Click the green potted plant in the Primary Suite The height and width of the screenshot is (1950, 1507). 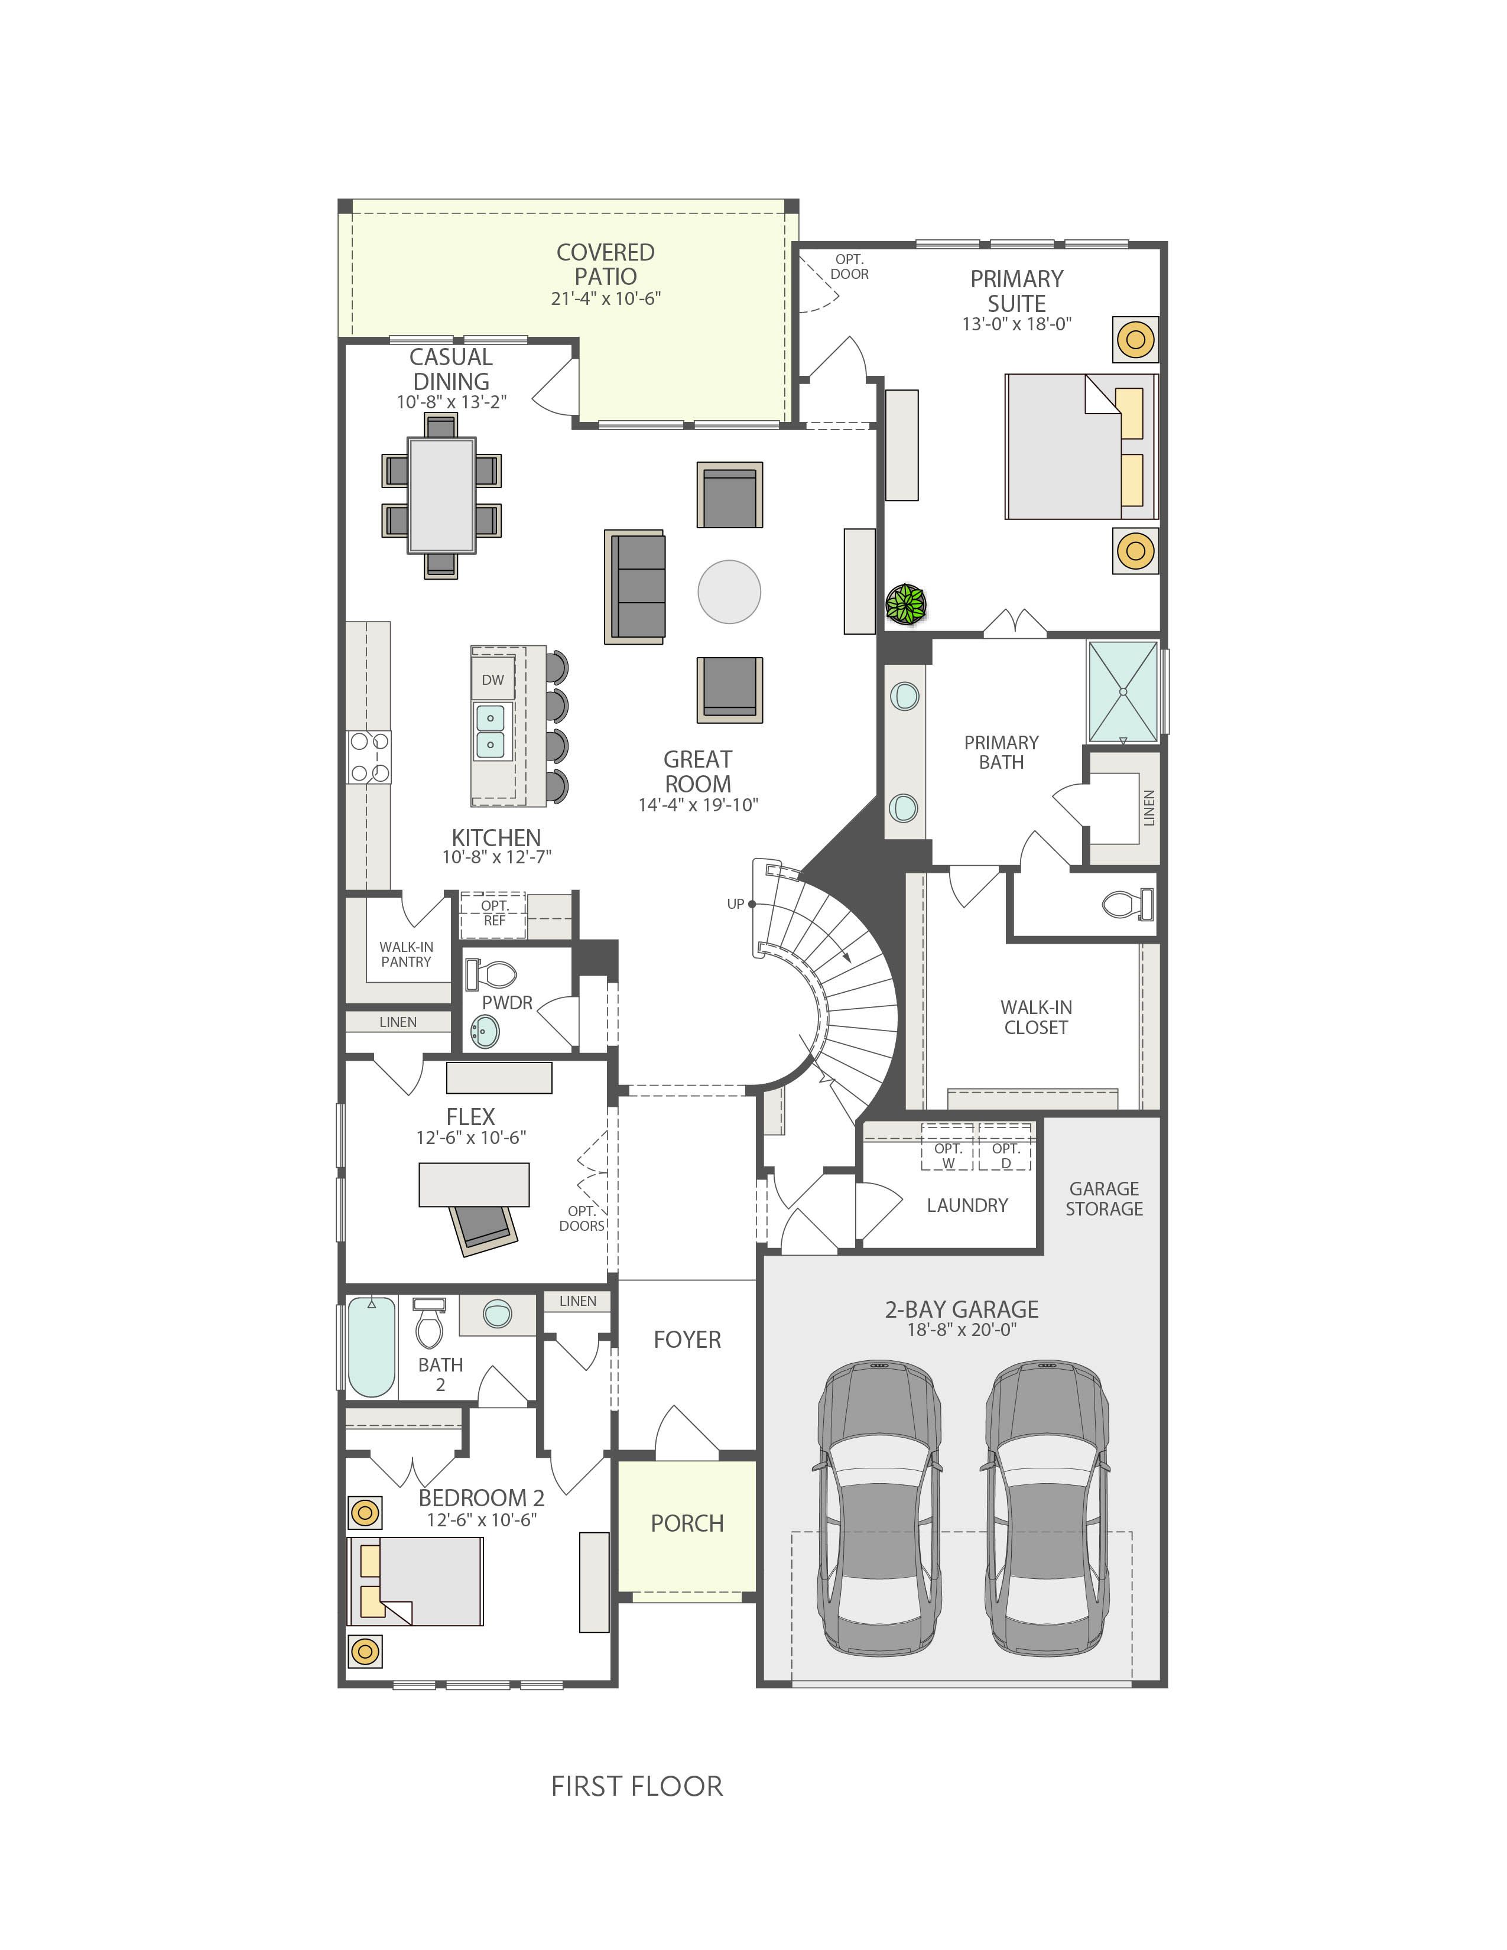click(x=906, y=604)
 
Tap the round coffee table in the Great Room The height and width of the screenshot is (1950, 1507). click(x=729, y=591)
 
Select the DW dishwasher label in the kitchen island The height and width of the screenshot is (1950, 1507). click(x=493, y=680)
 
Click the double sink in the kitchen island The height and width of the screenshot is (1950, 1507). click(x=490, y=732)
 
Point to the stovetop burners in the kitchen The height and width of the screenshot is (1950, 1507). click(x=369, y=757)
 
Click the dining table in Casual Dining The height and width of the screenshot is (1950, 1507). click(x=442, y=496)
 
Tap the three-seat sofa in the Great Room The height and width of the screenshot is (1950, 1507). click(x=635, y=587)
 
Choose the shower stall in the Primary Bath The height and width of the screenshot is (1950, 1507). click(x=1123, y=692)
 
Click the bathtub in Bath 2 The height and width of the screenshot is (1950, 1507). click(x=371, y=1347)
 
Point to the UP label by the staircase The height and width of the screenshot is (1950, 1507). click(x=736, y=903)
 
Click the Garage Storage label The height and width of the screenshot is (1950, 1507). click(x=1105, y=1198)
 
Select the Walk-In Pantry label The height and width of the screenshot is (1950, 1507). click(x=406, y=954)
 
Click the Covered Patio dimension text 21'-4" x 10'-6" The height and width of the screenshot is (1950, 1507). click(x=605, y=298)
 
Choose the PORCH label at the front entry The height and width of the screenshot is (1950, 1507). click(x=687, y=1523)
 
